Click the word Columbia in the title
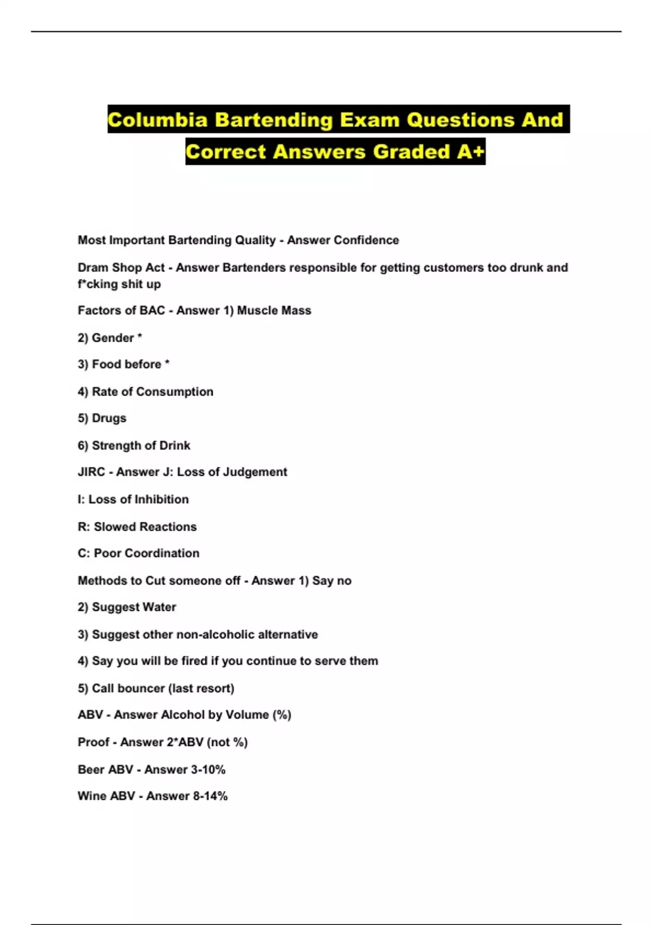point(157,120)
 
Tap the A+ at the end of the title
point(471,152)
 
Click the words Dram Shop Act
point(121,268)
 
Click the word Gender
point(113,338)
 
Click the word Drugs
point(109,418)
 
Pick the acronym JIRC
point(91,472)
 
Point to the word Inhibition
point(161,499)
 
